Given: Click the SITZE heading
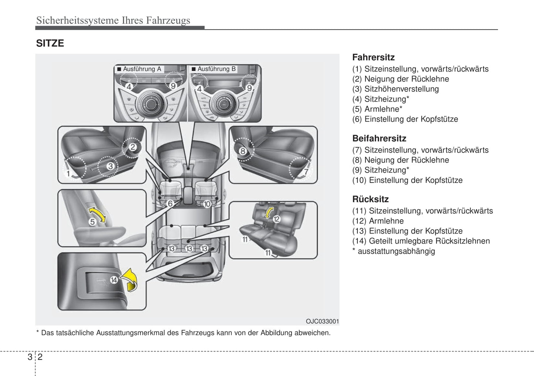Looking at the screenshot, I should (50, 44).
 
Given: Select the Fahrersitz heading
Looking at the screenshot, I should (373, 57).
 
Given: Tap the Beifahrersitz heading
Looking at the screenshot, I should (379, 138).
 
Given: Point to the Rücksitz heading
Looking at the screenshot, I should (370, 199).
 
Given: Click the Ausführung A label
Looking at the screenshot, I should (142, 69).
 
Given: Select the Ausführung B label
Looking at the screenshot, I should (216, 69).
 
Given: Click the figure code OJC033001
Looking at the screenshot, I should (322, 321).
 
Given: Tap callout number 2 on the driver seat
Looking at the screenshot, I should (133, 147).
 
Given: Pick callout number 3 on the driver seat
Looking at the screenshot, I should (110, 166).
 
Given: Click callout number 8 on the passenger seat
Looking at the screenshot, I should (242, 151).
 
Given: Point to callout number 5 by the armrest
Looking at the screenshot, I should (92, 222).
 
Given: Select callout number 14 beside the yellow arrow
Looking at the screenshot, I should (114, 280).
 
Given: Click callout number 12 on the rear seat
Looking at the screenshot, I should (276, 219).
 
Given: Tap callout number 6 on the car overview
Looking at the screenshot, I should (170, 203).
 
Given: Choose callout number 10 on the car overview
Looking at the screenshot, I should (207, 204).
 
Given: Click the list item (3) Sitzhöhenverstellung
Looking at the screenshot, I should (395, 89).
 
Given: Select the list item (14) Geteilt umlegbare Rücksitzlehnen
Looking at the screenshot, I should (421, 241).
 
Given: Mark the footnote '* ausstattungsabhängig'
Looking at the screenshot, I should (394, 251).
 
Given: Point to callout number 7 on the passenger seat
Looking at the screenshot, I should (306, 172).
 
